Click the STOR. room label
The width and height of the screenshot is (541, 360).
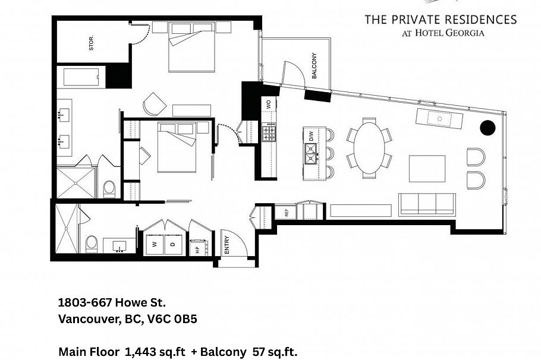[92, 43]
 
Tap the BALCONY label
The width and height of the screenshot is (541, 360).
[314, 66]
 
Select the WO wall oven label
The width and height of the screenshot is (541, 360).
[269, 103]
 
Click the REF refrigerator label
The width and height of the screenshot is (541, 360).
[286, 212]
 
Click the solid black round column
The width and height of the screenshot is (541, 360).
[487, 127]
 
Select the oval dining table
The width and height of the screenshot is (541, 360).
[369, 148]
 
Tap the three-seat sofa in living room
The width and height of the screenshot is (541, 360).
[427, 204]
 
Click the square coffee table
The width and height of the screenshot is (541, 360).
[427, 168]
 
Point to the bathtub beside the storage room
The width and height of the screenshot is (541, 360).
[81, 77]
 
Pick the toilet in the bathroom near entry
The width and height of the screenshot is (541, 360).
[92, 244]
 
